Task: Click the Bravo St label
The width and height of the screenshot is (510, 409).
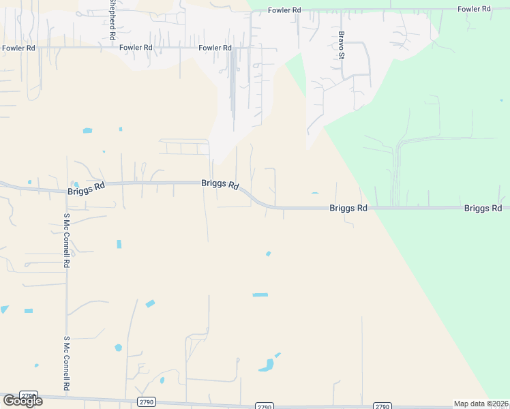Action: [342, 44]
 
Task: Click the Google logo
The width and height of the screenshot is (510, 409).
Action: [22, 401]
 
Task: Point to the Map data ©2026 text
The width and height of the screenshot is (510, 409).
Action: [481, 404]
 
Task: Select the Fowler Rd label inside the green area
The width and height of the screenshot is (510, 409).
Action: [474, 9]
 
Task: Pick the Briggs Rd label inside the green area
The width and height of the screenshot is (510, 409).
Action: [483, 208]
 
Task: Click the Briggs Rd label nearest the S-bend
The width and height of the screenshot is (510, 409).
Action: [220, 184]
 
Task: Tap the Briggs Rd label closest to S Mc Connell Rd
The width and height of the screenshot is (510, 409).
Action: [87, 188]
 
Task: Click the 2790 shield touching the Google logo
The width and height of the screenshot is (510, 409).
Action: [29, 396]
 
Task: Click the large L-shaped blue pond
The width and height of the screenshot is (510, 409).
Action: [267, 365]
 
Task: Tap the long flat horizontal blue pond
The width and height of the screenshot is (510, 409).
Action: [260, 294]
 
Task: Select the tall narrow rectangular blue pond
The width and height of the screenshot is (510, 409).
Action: [119, 244]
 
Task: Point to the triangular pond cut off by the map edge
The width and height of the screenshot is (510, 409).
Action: [4, 309]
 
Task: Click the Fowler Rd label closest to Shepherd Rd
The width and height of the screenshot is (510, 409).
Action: [134, 48]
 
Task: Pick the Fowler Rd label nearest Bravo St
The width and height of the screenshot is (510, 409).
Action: [284, 10]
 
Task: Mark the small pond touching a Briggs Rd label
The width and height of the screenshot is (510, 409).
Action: [76, 185]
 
